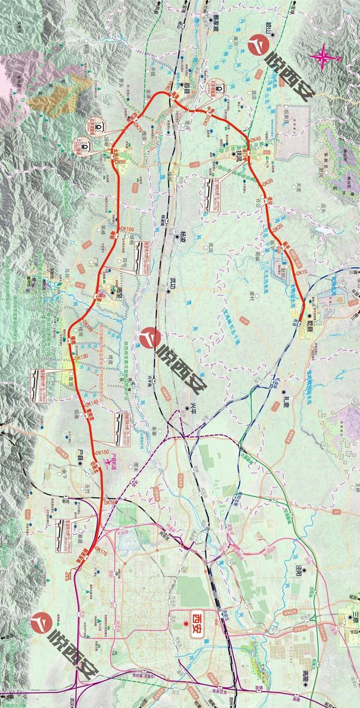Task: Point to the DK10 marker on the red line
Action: (x=301, y=272)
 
